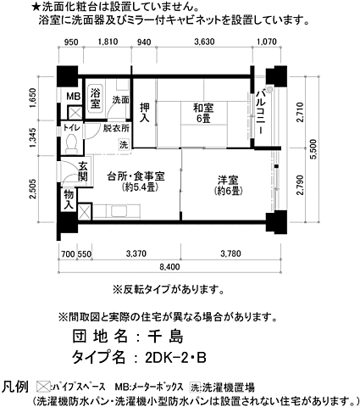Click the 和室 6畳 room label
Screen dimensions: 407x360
202,113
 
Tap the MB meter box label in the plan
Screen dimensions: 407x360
74,96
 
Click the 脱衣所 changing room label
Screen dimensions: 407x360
116,129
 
